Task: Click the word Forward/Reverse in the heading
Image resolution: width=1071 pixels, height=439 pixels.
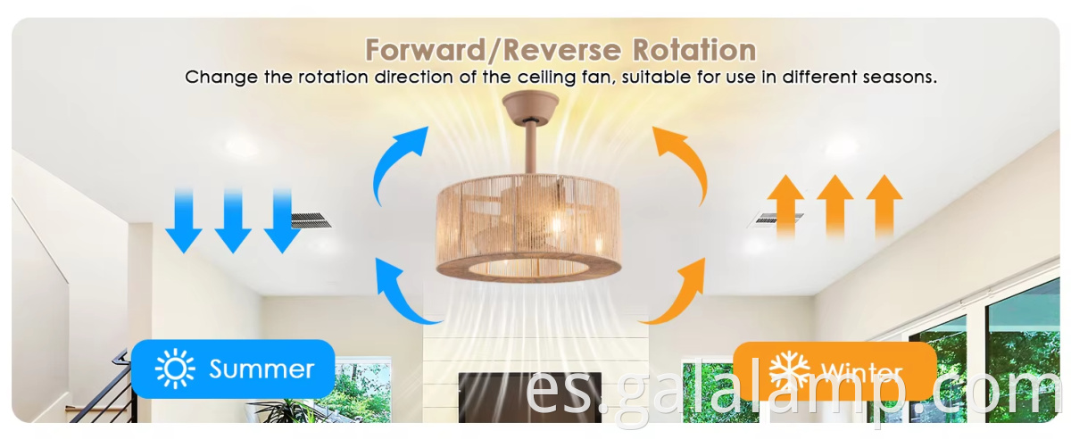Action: [x=493, y=50]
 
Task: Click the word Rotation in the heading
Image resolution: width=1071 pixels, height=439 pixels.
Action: [x=694, y=50]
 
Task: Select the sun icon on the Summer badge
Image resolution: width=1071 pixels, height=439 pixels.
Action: [x=175, y=369]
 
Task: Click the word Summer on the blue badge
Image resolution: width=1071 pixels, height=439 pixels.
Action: [x=262, y=369]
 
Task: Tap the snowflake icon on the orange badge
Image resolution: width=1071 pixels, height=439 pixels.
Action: [x=790, y=371]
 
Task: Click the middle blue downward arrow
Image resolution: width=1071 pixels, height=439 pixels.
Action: [x=233, y=220]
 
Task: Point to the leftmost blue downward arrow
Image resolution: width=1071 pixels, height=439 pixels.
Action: [x=184, y=220]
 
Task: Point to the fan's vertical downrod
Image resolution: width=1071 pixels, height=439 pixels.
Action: [x=530, y=147]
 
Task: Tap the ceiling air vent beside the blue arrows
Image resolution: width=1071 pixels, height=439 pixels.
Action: [x=311, y=220]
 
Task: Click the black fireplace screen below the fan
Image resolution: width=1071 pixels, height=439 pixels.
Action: [x=529, y=397]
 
